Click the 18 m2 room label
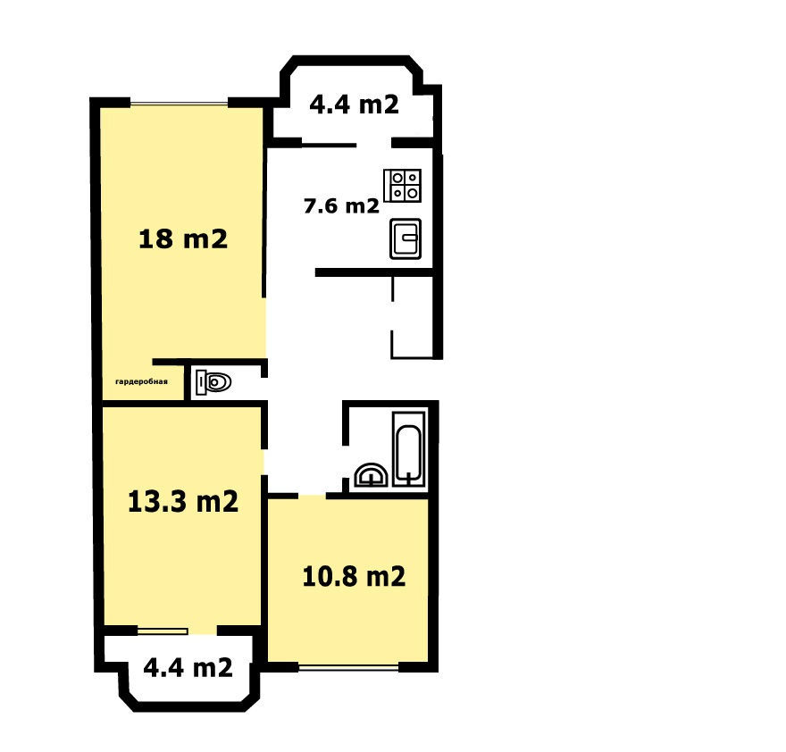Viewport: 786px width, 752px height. click(x=183, y=238)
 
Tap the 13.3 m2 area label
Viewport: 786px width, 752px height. click(x=183, y=501)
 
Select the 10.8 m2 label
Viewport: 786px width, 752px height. click(x=354, y=577)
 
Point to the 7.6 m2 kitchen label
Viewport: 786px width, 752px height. click(x=341, y=205)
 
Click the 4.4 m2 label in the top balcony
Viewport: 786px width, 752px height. click(x=354, y=104)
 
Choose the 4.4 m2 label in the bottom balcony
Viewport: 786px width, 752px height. click(x=188, y=667)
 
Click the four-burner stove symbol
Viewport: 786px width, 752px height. click(x=403, y=186)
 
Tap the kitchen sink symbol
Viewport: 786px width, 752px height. click(x=406, y=238)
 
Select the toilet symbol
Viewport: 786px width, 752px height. click(x=213, y=382)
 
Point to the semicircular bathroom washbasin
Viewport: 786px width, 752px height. click(x=371, y=475)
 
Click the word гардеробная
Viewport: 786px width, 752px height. click(x=141, y=381)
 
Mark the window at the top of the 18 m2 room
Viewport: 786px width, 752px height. click(x=180, y=104)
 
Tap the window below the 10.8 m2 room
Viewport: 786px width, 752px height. click(x=349, y=667)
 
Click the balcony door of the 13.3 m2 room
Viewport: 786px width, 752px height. click(x=163, y=631)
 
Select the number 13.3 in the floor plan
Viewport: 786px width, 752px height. click(x=157, y=501)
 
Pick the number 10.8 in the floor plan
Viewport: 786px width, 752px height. click(x=330, y=577)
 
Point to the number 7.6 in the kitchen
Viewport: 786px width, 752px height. click(x=321, y=206)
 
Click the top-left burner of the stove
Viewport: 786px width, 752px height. click(x=397, y=178)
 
